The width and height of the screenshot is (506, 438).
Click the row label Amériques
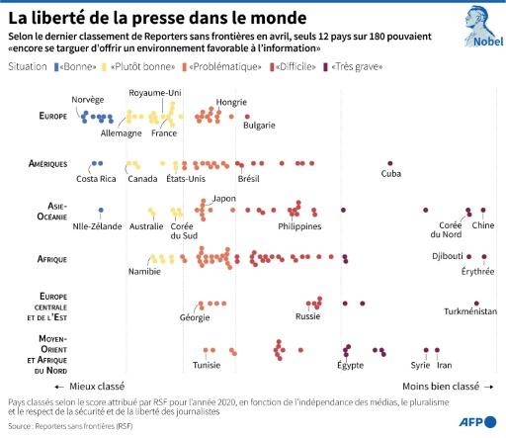pyautogui.click(x=46, y=163)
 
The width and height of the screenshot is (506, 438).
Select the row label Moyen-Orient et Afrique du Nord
pyautogui.click(x=45, y=353)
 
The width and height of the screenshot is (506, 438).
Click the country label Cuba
pyautogui.click(x=390, y=175)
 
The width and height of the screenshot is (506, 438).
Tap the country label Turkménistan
pyautogui.click(x=470, y=311)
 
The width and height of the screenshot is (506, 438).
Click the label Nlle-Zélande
pyautogui.click(x=97, y=226)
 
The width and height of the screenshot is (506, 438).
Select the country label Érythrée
pyautogui.click(x=478, y=270)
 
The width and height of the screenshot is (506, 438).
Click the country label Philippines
pyautogui.click(x=299, y=226)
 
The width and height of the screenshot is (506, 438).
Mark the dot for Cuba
pyautogui.click(x=390, y=163)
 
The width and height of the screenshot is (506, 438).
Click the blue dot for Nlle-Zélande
pyautogui.click(x=100, y=211)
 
